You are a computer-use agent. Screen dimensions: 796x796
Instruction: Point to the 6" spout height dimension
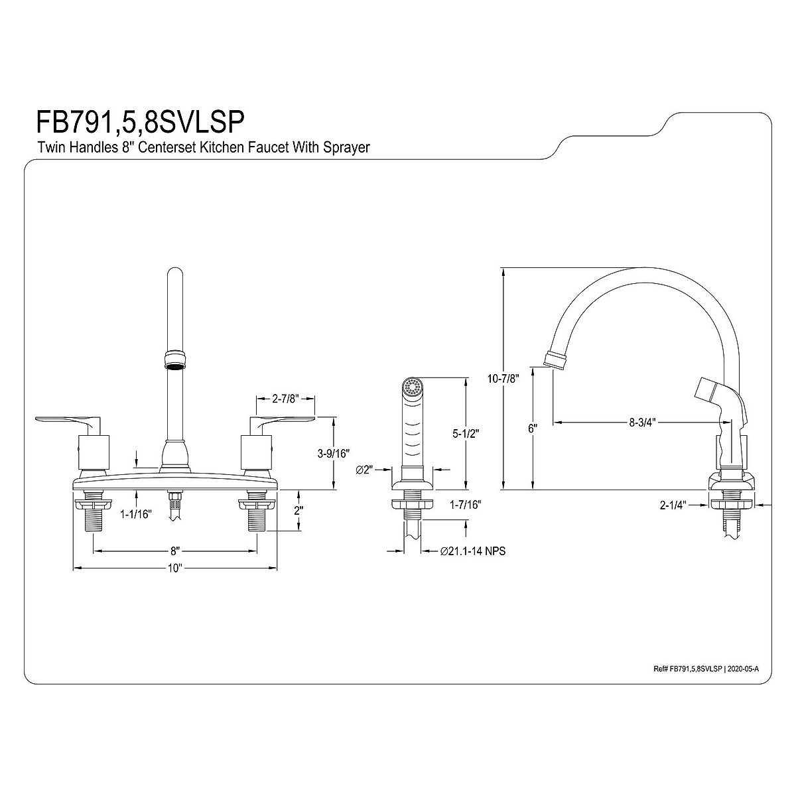532,429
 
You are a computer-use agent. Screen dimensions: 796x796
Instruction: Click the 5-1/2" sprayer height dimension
466,434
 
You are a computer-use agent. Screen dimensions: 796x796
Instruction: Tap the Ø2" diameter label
365,470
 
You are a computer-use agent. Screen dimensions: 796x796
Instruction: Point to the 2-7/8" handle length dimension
286,399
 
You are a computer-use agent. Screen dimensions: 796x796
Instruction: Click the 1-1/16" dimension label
136,513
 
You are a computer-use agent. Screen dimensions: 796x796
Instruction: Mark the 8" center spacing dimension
174,551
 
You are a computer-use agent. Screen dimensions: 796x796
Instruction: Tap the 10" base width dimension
174,568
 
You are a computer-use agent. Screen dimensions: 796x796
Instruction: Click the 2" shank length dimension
298,511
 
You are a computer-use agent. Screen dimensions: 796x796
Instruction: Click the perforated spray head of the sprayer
413,386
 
